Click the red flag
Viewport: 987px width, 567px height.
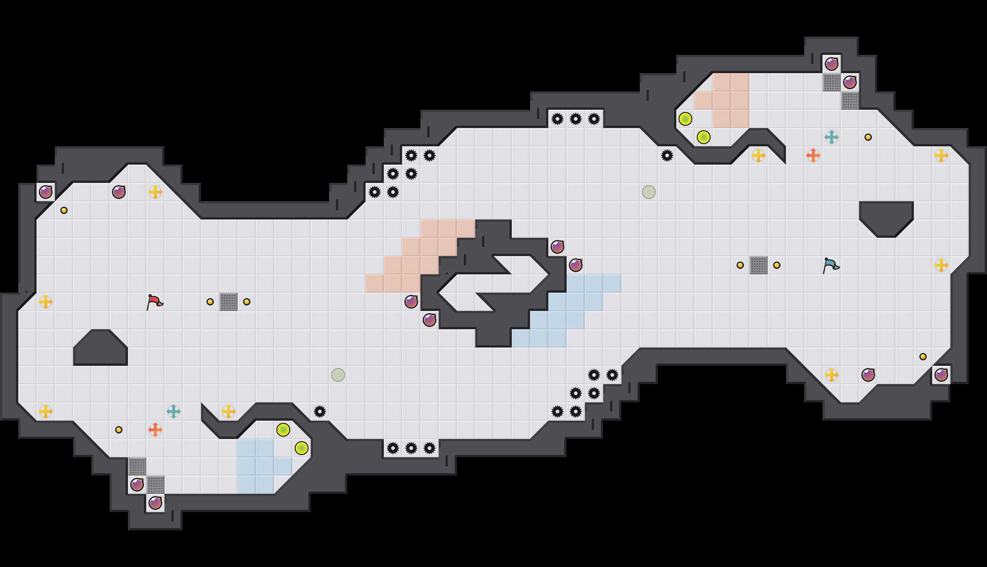tap(154, 302)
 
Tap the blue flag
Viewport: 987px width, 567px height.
tap(831, 265)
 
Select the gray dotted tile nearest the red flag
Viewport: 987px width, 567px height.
tap(228, 302)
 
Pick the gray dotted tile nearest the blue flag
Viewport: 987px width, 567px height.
tap(759, 265)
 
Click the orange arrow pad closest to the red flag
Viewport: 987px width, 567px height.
tap(155, 430)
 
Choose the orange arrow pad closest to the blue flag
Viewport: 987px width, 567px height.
tap(813, 155)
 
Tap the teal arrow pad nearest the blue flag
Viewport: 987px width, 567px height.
tap(832, 137)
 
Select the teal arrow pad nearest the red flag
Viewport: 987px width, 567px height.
tap(174, 412)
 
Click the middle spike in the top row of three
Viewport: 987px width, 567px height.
tap(576, 119)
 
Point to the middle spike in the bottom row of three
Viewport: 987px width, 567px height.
tap(411, 448)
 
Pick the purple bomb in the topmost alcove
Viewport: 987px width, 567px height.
tap(832, 64)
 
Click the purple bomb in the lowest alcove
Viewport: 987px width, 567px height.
tap(155, 503)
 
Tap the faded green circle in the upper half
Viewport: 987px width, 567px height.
tap(649, 192)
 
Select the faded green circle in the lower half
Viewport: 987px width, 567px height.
tap(338, 375)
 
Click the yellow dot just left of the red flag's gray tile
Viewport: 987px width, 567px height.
tap(210, 302)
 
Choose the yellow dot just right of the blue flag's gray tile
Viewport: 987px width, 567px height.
tap(777, 265)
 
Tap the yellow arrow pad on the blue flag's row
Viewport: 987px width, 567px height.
tap(941, 265)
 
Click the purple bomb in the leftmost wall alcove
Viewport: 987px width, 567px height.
tap(46, 192)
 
